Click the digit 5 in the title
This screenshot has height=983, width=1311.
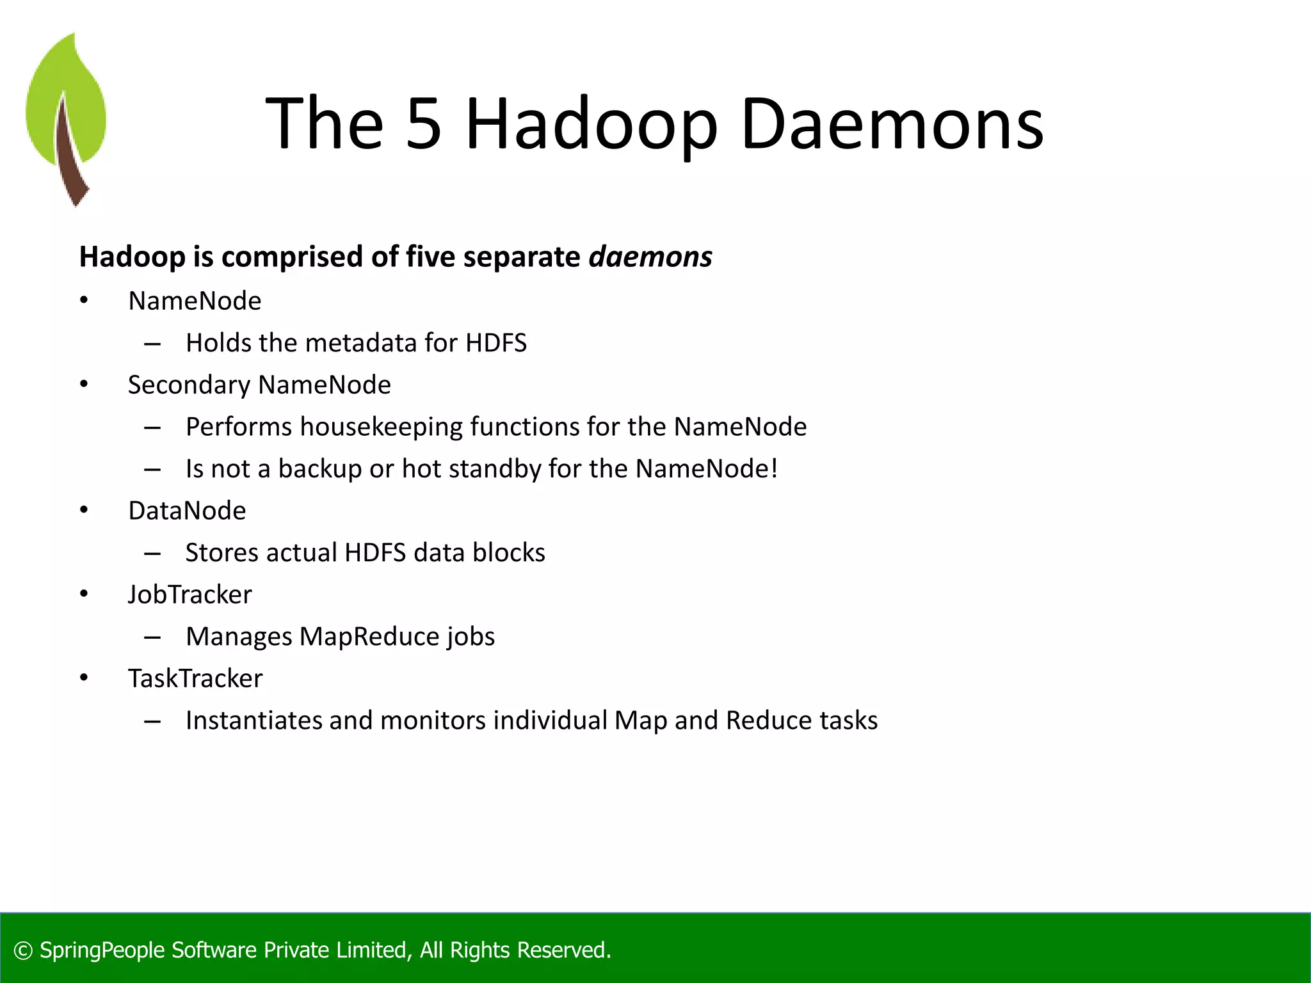pyautogui.click(x=424, y=123)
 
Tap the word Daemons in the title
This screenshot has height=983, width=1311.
pyautogui.click(x=892, y=123)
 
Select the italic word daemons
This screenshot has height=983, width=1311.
pyautogui.click(x=650, y=257)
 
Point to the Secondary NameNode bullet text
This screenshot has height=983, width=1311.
pyautogui.click(x=259, y=385)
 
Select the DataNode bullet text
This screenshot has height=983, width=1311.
pyautogui.click(x=187, y=511)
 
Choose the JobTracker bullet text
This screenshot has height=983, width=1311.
pyautogui.click(x=189, y=595)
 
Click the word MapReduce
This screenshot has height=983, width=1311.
pyautogui.click(x=368, y=637)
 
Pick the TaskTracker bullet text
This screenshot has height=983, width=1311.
pyautogui.click(x=195, y=678)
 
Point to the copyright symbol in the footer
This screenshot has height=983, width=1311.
pyautogui.click(x=23, y=950)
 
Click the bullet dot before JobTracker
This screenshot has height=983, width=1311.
pyautogui.click(x=84, y=594)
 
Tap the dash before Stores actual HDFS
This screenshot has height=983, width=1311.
pyautogui.click(x=152, y=553)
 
